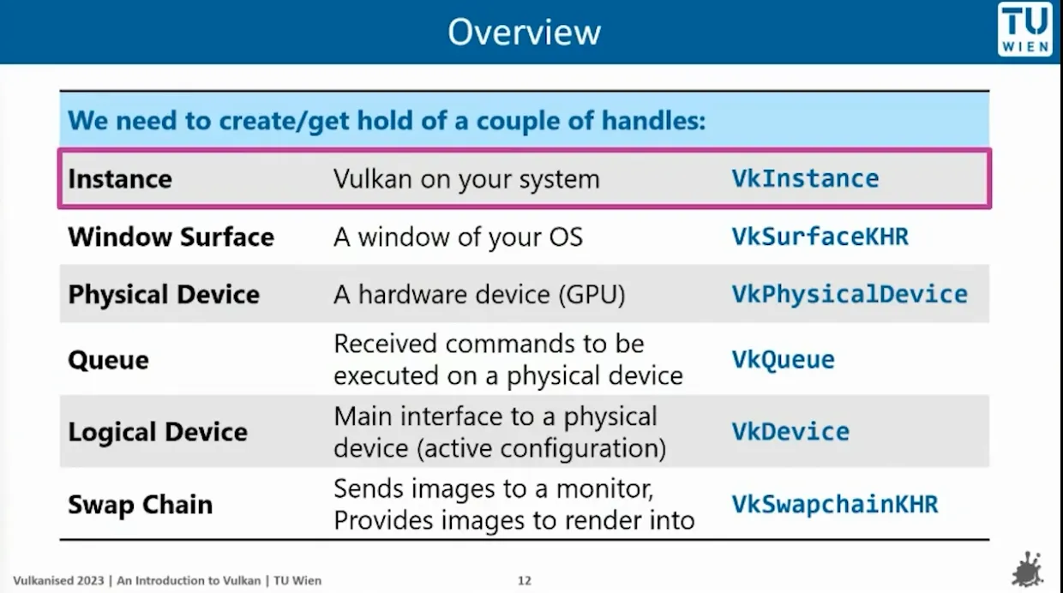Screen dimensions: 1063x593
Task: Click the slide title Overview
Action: (525, 33)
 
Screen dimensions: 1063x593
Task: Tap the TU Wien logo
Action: (1025, 29)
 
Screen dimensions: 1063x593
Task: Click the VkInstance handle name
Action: (805, 179)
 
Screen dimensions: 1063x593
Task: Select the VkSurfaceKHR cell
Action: (820, 237)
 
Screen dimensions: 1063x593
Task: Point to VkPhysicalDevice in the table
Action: (850, 294)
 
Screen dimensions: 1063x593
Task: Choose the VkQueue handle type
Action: (783, 360)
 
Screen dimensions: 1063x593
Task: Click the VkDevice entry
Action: (790, 432)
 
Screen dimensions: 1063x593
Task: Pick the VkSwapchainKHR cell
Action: (835, 504)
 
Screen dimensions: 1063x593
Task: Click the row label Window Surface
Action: (171, 237)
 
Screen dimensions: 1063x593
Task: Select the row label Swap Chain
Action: (141, 505)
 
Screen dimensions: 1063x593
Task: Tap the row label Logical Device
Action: (158, 432)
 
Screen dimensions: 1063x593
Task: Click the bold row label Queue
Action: (109, 360)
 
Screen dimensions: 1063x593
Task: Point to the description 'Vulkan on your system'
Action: (467, 179)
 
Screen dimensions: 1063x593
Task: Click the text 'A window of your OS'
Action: (459, 237)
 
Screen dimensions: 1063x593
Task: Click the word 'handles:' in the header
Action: (654, 120)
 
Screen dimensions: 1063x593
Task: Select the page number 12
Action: (525, 581)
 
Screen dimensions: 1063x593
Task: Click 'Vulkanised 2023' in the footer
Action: (58, 581)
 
